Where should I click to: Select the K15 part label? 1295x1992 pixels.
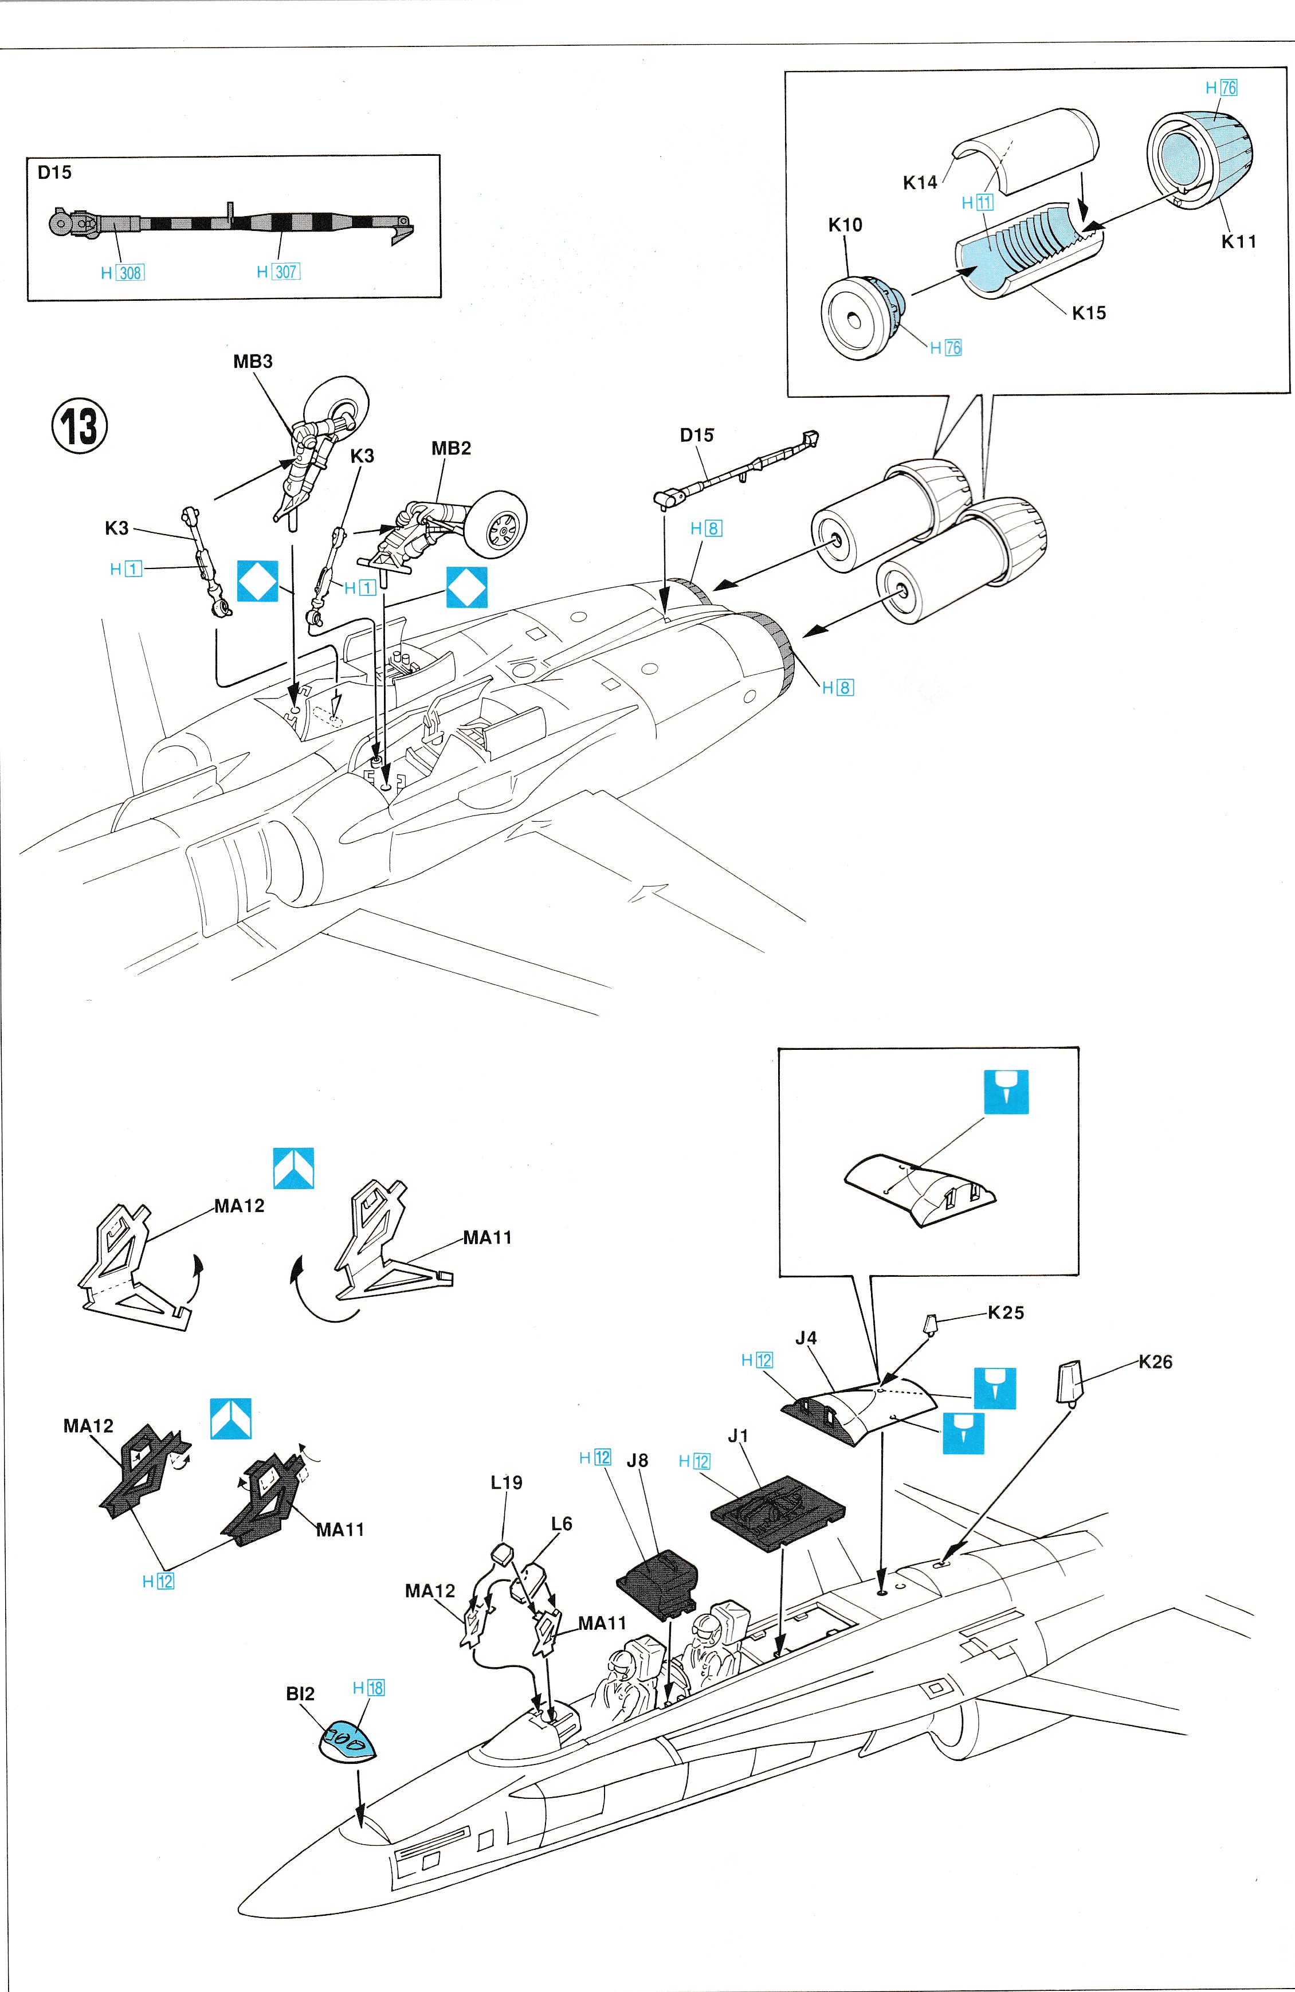coord(1088,313)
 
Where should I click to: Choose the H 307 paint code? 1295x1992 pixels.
coord(278,271)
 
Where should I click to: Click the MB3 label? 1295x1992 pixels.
coord(253,362)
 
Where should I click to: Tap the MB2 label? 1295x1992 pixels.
coord(451,449)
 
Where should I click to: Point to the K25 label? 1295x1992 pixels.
coord(1006,1312)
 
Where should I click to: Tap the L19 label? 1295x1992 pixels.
coord(507,1483)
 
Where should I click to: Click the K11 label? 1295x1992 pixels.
coord(1238,242)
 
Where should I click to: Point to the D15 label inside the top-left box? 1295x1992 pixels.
coord(54,172)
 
